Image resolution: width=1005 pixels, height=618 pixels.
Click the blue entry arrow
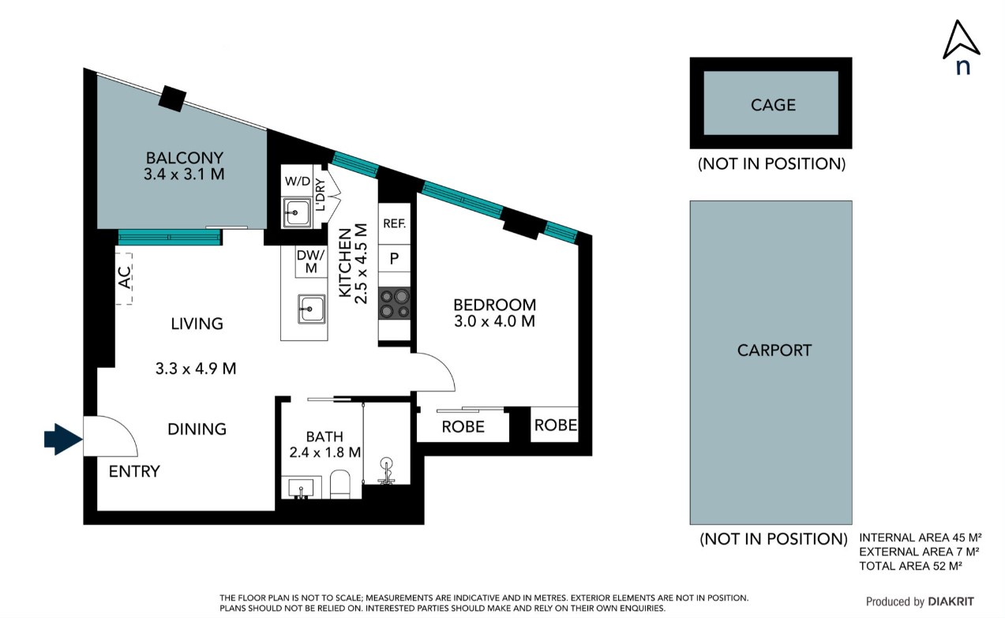63,439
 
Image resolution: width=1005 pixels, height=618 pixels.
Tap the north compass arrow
961,40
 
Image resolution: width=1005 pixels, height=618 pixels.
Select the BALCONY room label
185,158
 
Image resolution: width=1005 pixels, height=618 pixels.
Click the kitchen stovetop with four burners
395,303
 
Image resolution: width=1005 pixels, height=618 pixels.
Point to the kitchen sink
311,309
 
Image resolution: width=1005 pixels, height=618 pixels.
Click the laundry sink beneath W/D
297,212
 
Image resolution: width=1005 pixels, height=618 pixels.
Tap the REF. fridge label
395,223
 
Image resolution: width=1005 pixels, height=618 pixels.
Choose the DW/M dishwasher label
310,261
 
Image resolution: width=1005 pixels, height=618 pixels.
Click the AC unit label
124,278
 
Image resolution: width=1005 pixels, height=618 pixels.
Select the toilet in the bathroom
340,485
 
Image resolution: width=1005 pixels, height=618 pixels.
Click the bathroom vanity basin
301,488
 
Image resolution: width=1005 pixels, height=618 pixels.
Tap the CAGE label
773,105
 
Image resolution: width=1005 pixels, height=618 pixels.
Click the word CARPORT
774,350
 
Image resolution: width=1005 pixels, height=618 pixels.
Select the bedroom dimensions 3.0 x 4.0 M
494,321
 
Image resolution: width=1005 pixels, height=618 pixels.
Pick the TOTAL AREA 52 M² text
911,566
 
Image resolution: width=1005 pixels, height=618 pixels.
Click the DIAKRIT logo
951,601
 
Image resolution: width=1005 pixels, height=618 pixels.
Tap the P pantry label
394,258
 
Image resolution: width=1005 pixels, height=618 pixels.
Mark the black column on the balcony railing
172,98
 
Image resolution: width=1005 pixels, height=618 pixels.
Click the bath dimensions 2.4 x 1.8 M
324,452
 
